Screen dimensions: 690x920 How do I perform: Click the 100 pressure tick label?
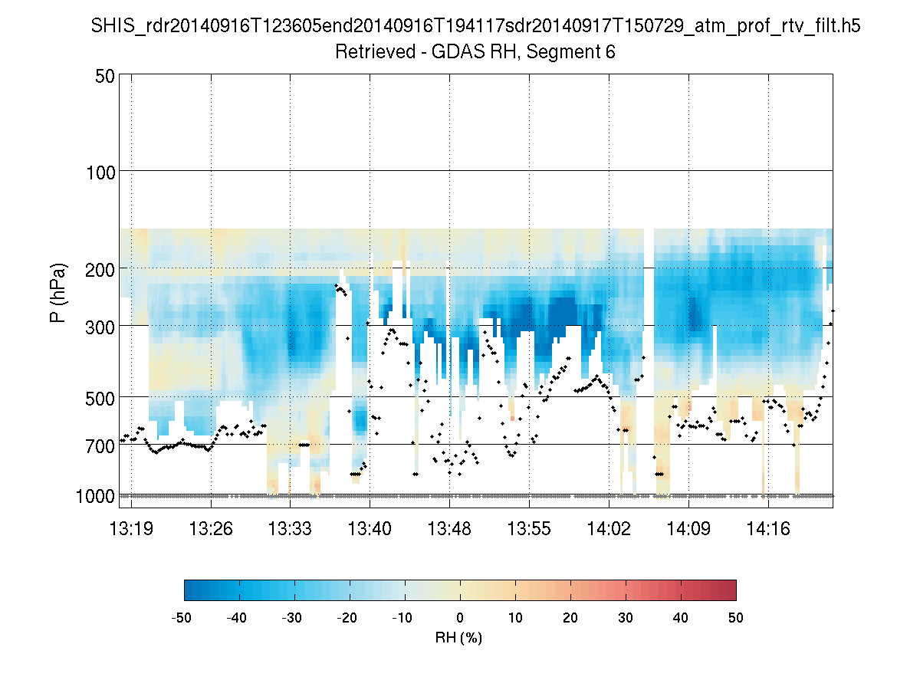[x=100, y=171]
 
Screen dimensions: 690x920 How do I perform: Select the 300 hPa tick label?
[x=100, y=326]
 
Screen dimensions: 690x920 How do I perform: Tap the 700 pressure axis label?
[x=100, y=445]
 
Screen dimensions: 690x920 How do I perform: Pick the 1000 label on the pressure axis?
[x=96, y=496]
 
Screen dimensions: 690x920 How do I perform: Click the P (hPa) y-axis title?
[x=58, y=293]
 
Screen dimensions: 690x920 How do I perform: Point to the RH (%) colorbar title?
[x=459, y=637]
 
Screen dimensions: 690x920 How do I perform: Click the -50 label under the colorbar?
[x=182, y=617]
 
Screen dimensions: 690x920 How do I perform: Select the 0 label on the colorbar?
[x=460, y=617]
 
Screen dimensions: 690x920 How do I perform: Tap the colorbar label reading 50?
[x=736, y=617]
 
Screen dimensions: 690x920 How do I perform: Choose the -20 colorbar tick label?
[x=348, y=617]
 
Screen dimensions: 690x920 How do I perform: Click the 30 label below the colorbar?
[x=626, y=617]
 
